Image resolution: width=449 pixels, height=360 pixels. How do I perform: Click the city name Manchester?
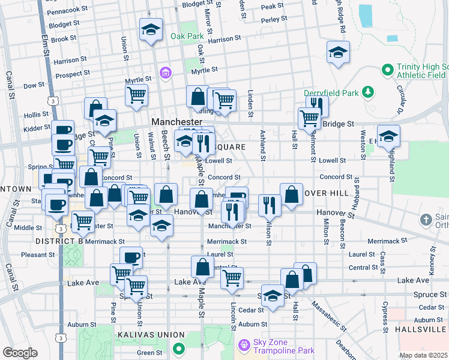tap(175, 121)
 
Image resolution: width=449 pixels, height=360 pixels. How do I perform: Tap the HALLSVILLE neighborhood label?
tap(421, 330)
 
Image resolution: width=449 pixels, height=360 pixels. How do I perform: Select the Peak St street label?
tap(272, 6)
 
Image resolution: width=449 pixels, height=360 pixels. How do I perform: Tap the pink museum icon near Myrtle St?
tap(165, 74)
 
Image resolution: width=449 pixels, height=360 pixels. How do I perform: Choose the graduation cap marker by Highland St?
tap(388, 136)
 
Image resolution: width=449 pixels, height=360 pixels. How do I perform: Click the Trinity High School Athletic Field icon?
tap(387, 70)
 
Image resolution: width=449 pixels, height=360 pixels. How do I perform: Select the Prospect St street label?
tap(73, 73)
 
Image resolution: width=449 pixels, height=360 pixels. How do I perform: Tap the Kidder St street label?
tap(37, 129)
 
